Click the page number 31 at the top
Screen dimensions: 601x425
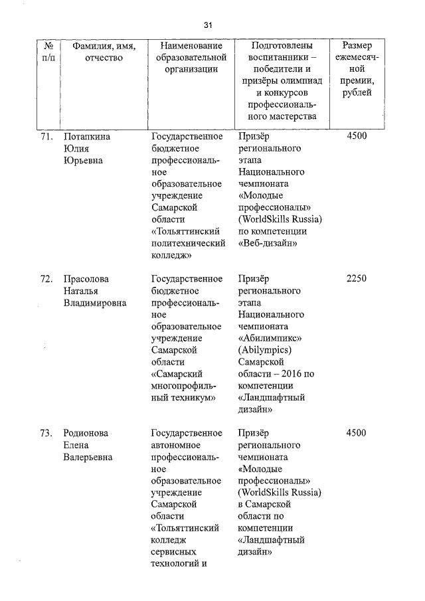click(x=208, y=25)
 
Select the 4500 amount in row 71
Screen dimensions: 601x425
click(x=356, y=136)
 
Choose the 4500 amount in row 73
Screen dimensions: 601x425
click(x=356, y=433)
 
